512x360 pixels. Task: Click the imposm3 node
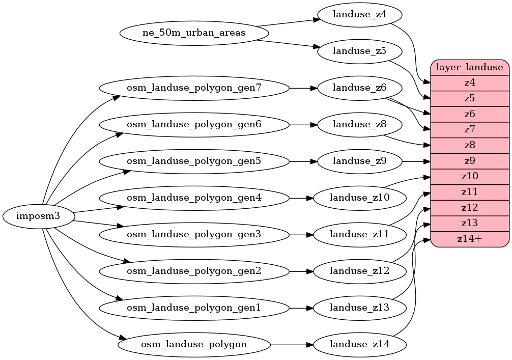[x=39, y=216]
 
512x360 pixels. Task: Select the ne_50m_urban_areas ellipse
[x=194, y=33]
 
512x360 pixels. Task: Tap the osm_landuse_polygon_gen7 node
[x=194, y=88]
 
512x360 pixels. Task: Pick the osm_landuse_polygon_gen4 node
[x=194, y=198]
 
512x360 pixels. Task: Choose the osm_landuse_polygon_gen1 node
[x=194, y=308]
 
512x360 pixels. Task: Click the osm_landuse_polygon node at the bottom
[x=194, y=345]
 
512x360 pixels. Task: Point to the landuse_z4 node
[x=359, y=15]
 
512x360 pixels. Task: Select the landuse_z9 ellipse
[x=359, y=161]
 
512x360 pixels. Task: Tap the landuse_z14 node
[x=359, y=345]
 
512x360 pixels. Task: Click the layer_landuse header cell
[x=470, y=67]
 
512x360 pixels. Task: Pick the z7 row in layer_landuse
[x=470, y=129]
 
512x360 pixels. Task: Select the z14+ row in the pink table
[x=470, y=239]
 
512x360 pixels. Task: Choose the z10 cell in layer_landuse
[x=470, y=176]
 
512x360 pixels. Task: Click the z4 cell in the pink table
[x=470, y=82]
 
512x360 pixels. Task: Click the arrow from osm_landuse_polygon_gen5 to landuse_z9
[x=303, y=161]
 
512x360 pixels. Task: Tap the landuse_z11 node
[x=359, y=235]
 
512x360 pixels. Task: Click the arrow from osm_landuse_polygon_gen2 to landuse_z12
[x=301, y=271]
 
